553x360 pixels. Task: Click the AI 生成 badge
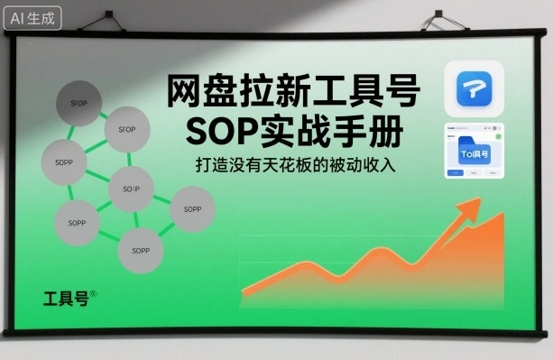click(x=33, y=15)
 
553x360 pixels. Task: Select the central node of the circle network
click(x=132, y=189)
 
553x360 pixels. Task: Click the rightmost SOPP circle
click(x=192, y=209)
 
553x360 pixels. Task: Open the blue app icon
click(x=475, y=88)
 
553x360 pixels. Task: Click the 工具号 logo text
click(x=65, y=298)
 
